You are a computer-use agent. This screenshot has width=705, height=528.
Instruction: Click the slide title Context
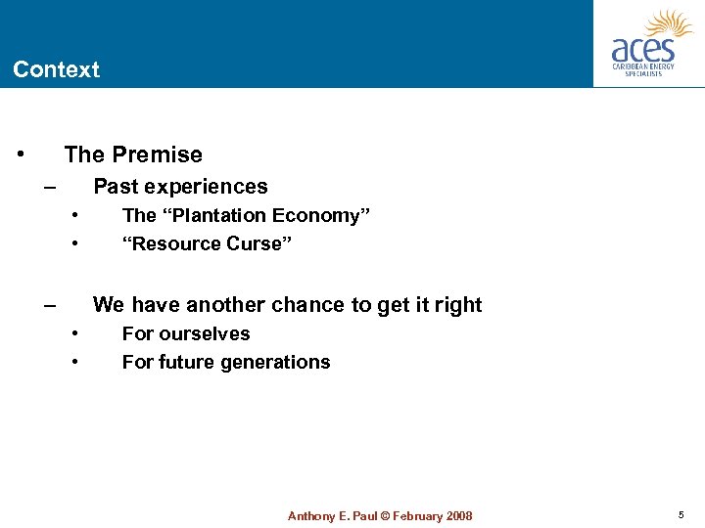pyautogui.click(x=56, y=69)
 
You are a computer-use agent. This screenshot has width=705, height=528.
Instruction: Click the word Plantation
pyautogui.click(x=212, y=216)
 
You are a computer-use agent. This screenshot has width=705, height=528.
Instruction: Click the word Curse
pyautogui.click(x=259, y=244)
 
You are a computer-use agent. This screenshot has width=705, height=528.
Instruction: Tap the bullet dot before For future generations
pyautogui.click(x=76, y=363)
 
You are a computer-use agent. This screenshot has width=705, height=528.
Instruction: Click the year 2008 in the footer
pyautogui.click(x=456, y=516)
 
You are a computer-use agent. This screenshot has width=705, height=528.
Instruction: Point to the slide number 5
pyautogui.click(x=681, y=515)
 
